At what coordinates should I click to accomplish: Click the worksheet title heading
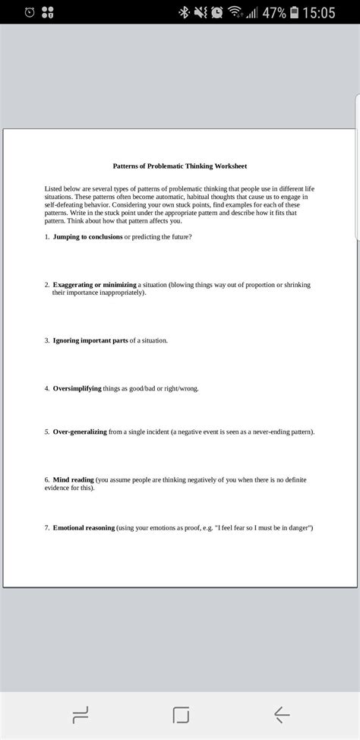pos(180,166)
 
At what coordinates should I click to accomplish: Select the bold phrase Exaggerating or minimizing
pos(94,285)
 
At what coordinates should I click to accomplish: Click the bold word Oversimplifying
pos(77,388)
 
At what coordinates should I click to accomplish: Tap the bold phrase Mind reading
pos(73,480)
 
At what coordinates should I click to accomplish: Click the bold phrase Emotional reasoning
pos(84,527)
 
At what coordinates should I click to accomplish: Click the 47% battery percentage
pos(274,13)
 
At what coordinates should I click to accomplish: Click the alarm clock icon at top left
pos(29,13)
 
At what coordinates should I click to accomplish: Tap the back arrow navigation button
pos(282,713)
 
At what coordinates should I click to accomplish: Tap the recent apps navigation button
pos(80,713)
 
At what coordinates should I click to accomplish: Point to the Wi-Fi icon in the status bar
pos(235,13)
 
